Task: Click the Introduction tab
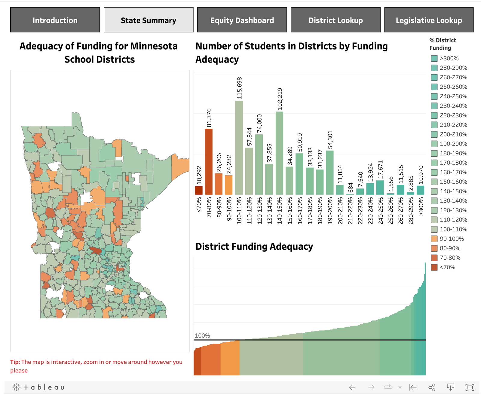coord(55,20)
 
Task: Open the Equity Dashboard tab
coord(242,20)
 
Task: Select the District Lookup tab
coord(335,20)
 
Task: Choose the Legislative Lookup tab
coord(429,20)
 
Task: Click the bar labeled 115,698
coord(239,147)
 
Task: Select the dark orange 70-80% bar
coord(209,161)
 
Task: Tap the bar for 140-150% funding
coord(279,153)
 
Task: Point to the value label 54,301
coord(330,140)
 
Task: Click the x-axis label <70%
coord(199,205)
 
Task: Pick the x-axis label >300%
coord(421,206)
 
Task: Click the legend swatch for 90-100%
coord(434,239)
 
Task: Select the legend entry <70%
coord(447,267)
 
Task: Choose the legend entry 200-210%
coord(453,134)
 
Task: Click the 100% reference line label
coord(202,335)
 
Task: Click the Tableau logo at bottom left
coord(38,387)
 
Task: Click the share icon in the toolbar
coord(432,387)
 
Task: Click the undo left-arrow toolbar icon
coord(352,387)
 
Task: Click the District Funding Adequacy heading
coord(254,246)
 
